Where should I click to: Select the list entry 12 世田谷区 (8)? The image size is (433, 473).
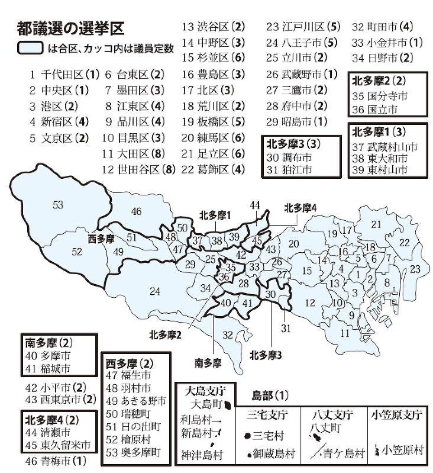pos(138,169)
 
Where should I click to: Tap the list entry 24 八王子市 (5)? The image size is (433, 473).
pos(301,42)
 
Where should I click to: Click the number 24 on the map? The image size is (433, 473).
pos(155,291)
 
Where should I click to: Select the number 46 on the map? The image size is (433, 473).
pos(137,211)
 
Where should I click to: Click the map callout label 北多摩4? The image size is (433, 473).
pos(300,208)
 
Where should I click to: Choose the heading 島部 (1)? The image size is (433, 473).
pos(270,394)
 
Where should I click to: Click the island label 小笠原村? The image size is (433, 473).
pos(403,450)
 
